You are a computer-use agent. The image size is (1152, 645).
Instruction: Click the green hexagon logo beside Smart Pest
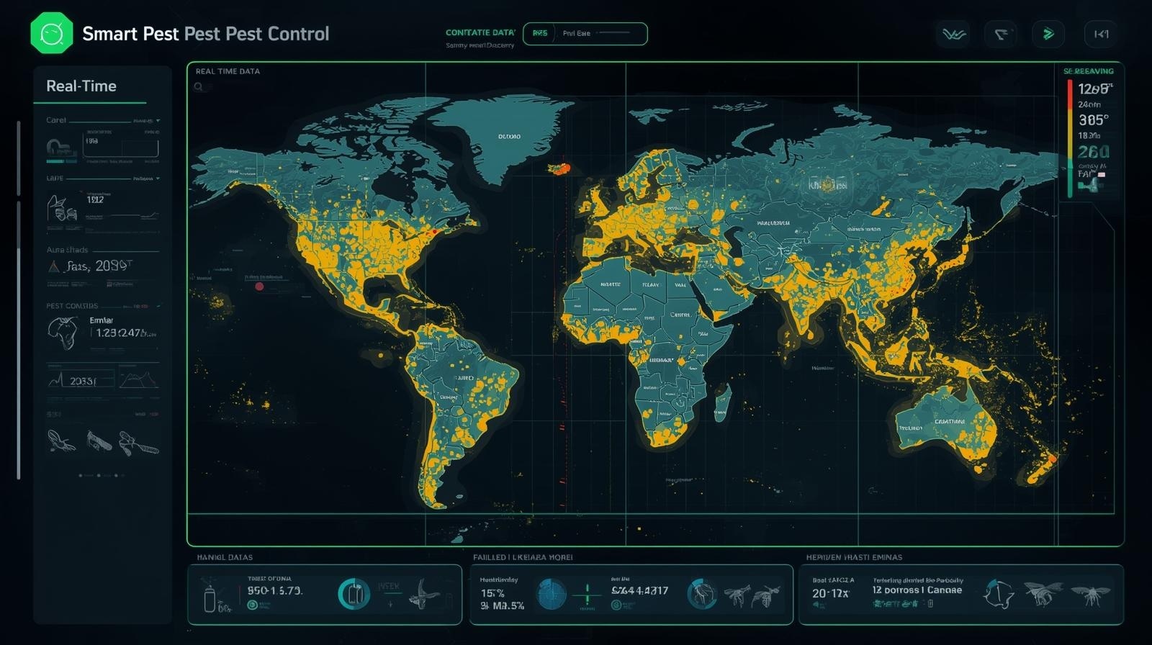click(52, 33)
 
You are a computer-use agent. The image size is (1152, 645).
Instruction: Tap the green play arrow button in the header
click(1048, 34)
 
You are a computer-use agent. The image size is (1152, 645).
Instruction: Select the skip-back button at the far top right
click(1101, 34)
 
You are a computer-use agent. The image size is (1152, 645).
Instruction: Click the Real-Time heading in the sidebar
click(81, 86)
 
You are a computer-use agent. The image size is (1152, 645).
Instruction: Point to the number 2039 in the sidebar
click(112, 266)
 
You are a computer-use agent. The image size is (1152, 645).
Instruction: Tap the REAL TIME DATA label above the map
click(228, 71)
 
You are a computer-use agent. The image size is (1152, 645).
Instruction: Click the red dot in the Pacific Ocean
click(259, 287)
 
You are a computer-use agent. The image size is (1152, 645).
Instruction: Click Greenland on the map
click(504, 137)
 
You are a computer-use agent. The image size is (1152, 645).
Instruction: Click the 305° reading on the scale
click(1093, 120)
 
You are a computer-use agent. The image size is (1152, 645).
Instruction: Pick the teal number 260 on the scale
click(1093, 152)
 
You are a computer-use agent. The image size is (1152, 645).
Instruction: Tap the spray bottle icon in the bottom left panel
click(210, 596)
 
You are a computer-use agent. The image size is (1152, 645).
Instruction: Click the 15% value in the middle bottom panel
click(492, 593)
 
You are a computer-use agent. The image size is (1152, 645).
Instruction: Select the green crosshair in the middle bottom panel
click(588, 595)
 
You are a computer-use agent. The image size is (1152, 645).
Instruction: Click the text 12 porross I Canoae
click(917, 590)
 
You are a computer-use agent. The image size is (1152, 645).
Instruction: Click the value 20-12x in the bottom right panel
click(830, 593)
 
